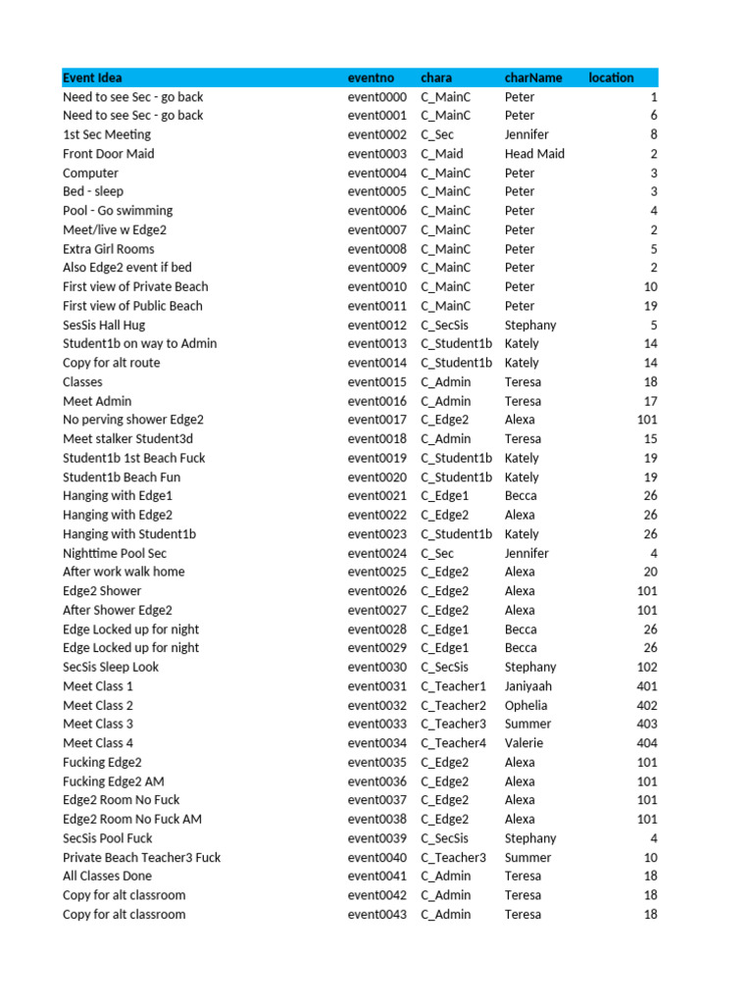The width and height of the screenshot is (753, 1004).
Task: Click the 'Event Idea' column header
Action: (x=92, y=77)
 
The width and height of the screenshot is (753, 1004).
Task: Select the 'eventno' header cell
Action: (x=371, y=77)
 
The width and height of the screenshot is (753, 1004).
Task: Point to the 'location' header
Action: (x=611, y=77)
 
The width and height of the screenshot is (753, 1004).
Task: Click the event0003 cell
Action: (x=376, y=154)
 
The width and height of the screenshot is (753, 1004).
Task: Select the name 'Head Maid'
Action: (x=534, y=154)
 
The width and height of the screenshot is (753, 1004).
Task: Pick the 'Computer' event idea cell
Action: (x=90, y=173)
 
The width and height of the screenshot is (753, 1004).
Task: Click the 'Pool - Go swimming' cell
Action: (x=117, y=211)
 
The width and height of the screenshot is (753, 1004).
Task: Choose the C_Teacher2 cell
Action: (x=453, y=705)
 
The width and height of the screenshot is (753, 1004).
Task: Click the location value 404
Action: (x=646, y=743)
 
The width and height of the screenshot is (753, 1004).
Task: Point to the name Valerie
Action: (x=526, y=743)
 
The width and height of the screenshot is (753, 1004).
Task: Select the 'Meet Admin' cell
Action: (x=97, y=401)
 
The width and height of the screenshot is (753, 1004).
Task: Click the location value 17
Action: (x=650, y=401)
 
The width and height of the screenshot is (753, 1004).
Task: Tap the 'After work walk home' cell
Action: (x=124, y=572)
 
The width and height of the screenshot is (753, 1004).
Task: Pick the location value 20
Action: (x=650, y=572)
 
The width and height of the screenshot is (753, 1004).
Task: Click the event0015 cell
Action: (x=376, y=381)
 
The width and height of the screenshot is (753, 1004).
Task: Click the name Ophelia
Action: (x=526, y=705)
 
